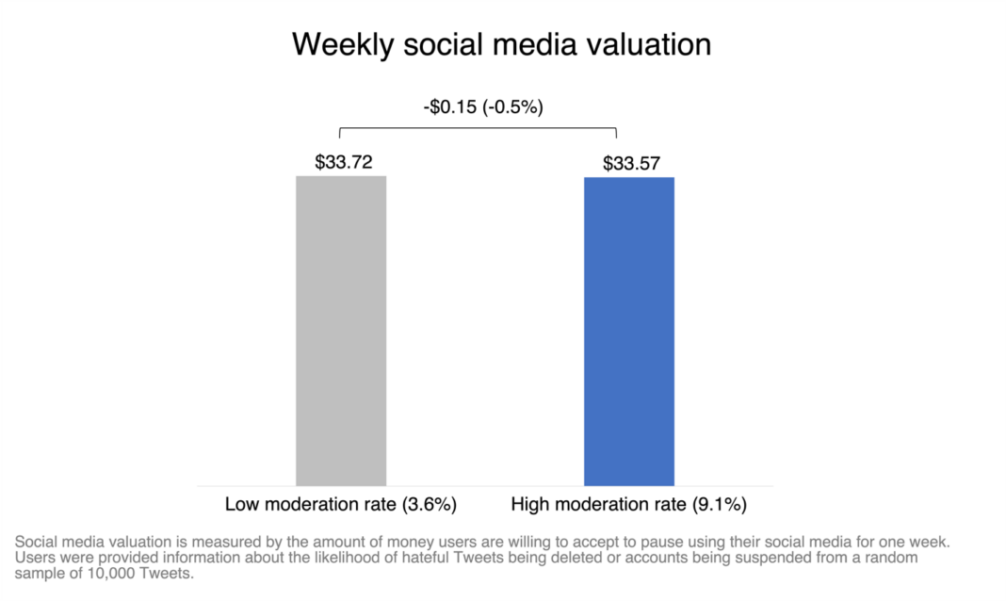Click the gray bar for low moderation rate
coord(341,330)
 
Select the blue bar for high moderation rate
coord(628,330)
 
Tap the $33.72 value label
coord(344,162)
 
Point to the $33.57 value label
coord(632,164)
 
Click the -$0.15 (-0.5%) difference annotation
coord(483,106)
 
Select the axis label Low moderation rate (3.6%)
coord(341,504)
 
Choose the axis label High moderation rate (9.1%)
coord(628,504)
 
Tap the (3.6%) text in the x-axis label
coord(429,504)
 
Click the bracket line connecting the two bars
coord(478,128)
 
